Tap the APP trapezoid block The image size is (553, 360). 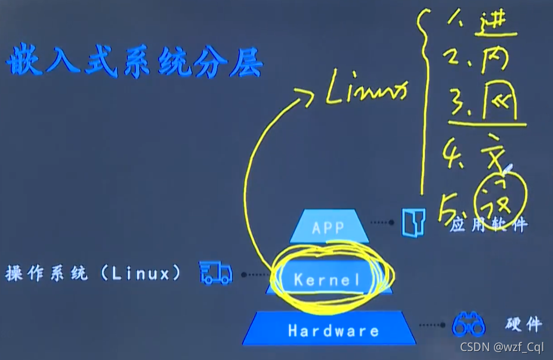coord(329,227)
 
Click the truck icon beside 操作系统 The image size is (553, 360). coord(215,273)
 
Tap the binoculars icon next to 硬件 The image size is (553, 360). coord(468,324)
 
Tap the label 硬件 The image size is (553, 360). coord(523,324)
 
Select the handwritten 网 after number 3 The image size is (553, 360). coord(498,103)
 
